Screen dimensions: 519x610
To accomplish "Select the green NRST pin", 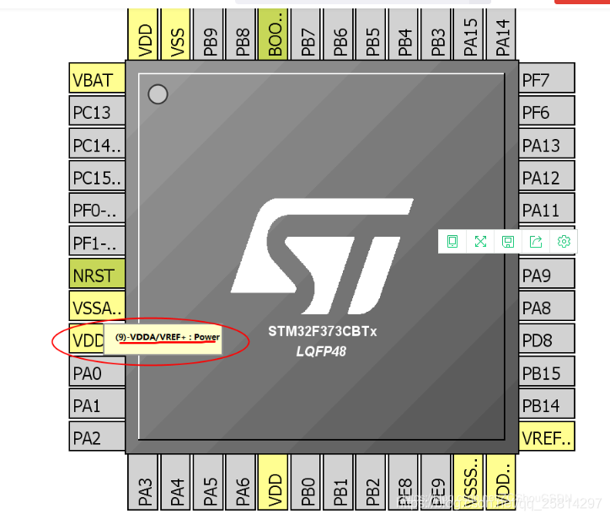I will click(x=96, y=276).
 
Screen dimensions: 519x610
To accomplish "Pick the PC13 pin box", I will click(x=96, y=112).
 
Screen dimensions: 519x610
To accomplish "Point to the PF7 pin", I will click(x=546, y=79).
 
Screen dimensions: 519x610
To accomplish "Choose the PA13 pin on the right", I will click(x=546, y=145).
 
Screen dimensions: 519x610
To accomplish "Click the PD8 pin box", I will click(x=546, y=340).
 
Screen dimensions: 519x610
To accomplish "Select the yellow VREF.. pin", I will click(x=546, y=437).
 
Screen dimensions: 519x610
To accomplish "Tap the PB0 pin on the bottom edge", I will click(x=307, y=484).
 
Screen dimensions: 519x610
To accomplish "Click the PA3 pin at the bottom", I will click(x=144, y=484).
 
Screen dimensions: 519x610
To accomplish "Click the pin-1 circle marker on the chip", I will click(x=158, y=94).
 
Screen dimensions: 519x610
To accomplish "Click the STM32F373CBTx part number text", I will click(x=322, y=331).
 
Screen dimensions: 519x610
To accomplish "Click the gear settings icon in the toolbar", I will click(x=564, y=242).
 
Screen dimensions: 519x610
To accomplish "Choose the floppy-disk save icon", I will click(x=508, y=242).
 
